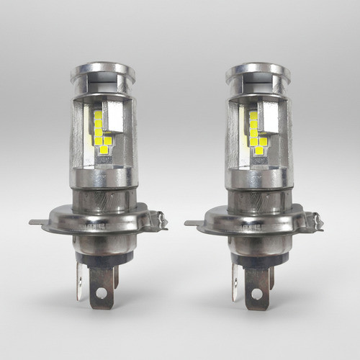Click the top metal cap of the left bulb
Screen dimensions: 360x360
pos(102,72)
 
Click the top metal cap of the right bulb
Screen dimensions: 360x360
pos(257,72)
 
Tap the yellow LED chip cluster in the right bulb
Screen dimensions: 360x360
pos(255,133)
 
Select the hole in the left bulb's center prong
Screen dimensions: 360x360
pos(101,294)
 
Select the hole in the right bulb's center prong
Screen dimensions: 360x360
pos(256,294)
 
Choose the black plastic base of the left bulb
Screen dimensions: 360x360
pos(101,262)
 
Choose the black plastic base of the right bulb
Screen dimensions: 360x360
pos(256,262)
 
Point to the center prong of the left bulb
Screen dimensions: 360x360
pos(101,288)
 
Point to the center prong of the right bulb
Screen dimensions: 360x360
pos(256,288)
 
